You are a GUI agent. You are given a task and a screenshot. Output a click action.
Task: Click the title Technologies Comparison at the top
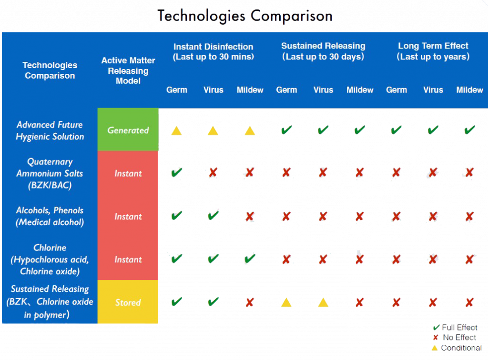(x=244, y=16)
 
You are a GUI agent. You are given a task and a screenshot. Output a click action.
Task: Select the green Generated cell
(x=128, y=130)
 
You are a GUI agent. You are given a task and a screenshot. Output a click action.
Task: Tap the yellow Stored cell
(x=128, y=302)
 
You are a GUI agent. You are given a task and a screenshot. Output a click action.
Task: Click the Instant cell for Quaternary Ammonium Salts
(x=128, y=173)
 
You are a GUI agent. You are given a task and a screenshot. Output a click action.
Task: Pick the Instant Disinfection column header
(x=213, y=51)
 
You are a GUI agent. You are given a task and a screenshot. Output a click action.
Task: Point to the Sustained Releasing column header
(x=323, y=51)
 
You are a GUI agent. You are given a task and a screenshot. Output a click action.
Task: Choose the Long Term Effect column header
(x=433, y=51)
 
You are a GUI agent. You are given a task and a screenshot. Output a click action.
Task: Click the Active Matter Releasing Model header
(x=128, y=71)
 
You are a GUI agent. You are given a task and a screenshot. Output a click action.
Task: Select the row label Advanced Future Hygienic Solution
(x=50, y=130)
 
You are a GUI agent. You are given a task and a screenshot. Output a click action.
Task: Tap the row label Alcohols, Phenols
(x=50, y=216)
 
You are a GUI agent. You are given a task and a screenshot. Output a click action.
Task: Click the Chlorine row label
(x=50, y=260)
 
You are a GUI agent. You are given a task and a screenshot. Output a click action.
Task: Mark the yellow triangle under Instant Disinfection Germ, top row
(x=176, y=130)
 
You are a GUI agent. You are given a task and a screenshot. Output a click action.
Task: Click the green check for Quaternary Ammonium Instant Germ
(x=176, y=172)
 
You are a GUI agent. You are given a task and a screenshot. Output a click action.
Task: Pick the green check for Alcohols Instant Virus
(x=213, y=215)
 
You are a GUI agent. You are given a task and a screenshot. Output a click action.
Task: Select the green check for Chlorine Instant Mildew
(x=250, y=259)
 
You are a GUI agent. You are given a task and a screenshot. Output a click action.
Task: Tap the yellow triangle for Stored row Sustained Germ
(x=286, y=302)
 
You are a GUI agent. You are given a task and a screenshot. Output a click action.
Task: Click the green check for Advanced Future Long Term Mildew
(x=470, y=130)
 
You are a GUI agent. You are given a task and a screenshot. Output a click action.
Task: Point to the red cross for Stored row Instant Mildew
(x=250, y=302)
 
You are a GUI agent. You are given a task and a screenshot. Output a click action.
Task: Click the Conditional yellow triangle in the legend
(x=435, y=348)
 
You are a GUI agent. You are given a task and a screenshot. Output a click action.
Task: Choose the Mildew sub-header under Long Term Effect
(x=470, y=90)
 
